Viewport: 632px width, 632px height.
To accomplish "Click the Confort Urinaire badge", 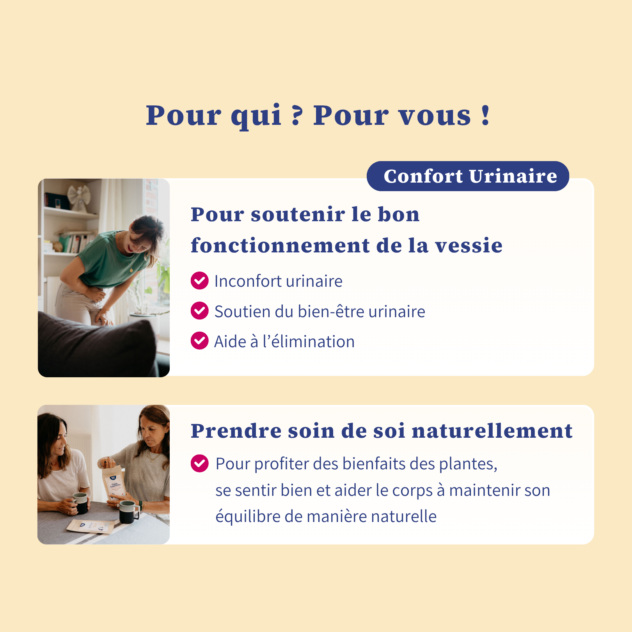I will pos(468,176).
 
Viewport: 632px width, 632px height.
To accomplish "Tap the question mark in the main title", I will pos(296,115).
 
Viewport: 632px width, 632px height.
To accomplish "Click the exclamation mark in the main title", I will pos(485,115).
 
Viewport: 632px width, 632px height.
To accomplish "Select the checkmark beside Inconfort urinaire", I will pos(199,280).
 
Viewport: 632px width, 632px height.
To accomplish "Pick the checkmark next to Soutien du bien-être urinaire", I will pos(199,311).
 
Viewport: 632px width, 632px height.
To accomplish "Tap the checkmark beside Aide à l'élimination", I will pos(199,341).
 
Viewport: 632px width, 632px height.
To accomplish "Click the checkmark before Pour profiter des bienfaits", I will pos(199,463).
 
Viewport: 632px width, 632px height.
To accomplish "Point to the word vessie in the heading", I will pos(469,246).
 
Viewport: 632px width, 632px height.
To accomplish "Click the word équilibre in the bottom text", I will pos(248,517).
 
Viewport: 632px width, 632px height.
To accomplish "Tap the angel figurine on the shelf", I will pos(79,197).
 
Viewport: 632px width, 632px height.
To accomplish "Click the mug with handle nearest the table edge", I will pos(129,511).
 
